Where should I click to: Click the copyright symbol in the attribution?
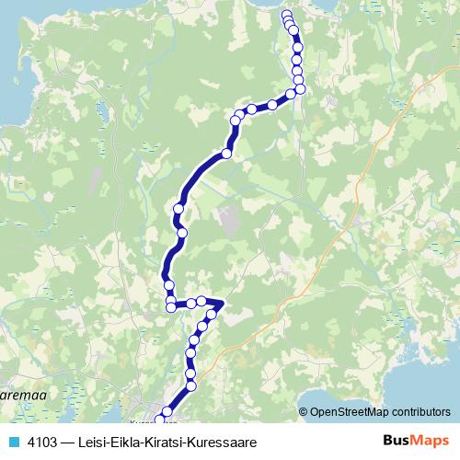[304, 412]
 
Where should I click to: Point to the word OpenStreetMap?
[348, 412]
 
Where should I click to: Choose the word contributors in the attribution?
[419, 412]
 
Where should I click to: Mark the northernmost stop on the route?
[286, 15]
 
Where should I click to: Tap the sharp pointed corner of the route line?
[224, 302]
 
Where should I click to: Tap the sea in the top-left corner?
[14, 55]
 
